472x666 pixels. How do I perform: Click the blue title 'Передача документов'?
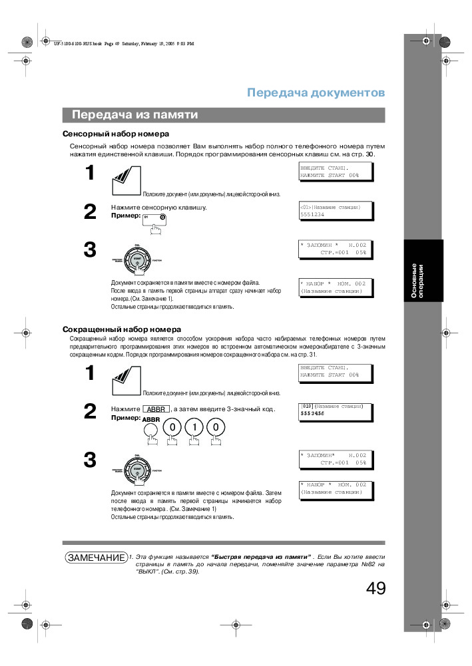316,92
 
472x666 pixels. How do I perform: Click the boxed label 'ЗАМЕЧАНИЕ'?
95,558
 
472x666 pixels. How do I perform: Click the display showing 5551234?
335,211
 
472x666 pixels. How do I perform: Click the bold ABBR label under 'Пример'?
151,420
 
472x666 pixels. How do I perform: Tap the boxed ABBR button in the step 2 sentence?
156,409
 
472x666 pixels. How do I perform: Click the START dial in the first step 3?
136,258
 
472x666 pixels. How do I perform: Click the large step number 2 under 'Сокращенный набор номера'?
90,411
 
